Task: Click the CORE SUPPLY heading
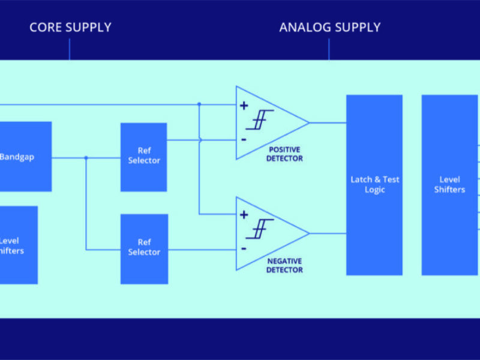[70, 28]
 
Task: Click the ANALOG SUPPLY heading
[329, 28]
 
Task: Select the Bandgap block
[24, 157]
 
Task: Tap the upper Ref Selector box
[144, 157]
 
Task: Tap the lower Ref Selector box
[144, 248]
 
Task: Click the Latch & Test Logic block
[374, 185]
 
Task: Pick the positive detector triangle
[270, 123]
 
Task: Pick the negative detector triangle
[270, 233]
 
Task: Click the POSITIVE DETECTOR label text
[284, 154]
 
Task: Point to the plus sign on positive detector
[244, 106]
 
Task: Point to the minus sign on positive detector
[244, 140]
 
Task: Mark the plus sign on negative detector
[244, 215]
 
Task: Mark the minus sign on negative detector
[244, 248]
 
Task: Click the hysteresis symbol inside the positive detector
[260, 120]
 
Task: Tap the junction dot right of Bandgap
[86, 158]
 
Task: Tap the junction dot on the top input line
[199, 104]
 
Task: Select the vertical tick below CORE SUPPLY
[70, 49]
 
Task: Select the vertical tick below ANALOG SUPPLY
[329, 49]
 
